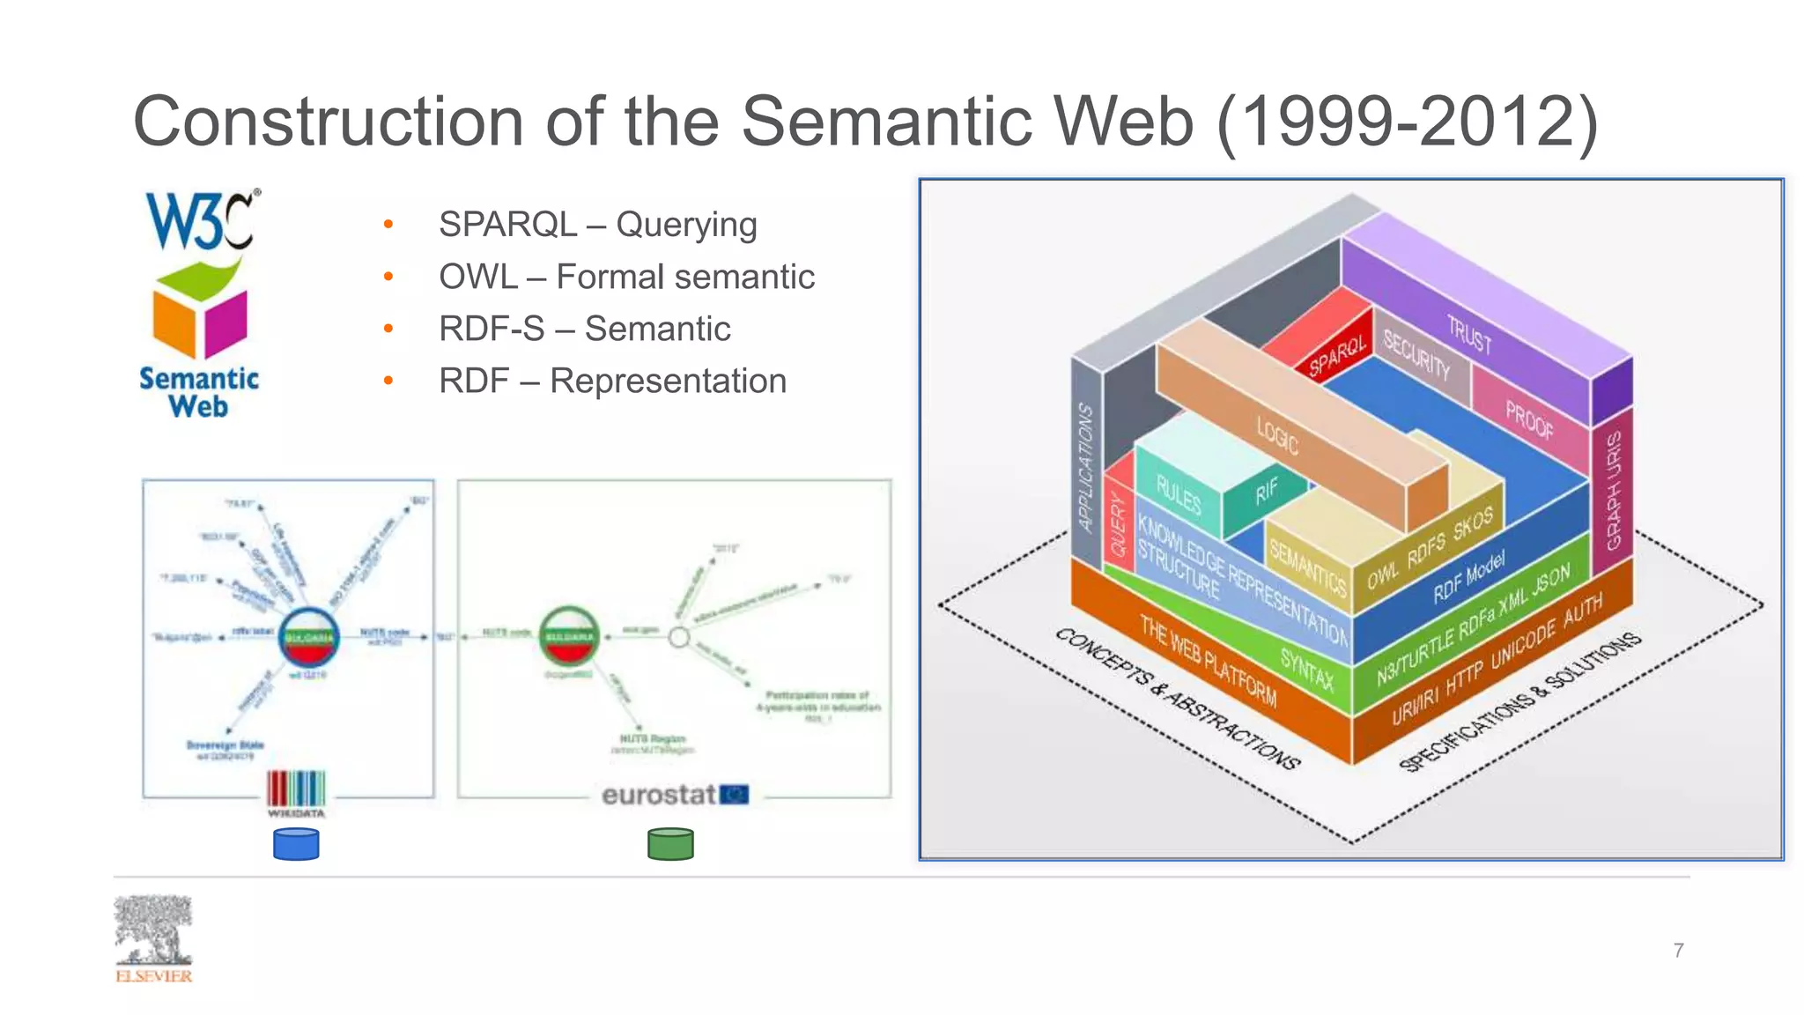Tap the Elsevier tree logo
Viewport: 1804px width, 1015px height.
153,930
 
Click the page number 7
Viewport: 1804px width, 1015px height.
1678,950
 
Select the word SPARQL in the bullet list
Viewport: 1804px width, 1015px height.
507,225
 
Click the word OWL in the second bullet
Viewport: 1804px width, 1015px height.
477,277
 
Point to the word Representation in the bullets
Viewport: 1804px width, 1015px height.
668,381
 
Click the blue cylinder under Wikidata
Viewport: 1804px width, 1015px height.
296,844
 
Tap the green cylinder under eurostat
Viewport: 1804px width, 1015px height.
670,844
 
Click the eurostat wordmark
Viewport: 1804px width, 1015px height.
658,795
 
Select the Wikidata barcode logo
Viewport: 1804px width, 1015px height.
296,789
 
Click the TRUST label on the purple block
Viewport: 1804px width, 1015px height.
1469,335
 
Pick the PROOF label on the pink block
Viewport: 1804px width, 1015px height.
1529,419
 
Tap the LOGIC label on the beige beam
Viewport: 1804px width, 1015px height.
1277,435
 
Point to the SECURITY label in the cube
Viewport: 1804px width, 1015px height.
1416,354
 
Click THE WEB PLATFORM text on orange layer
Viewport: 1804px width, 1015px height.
1208,661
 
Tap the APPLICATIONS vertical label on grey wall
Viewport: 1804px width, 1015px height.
1086,467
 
